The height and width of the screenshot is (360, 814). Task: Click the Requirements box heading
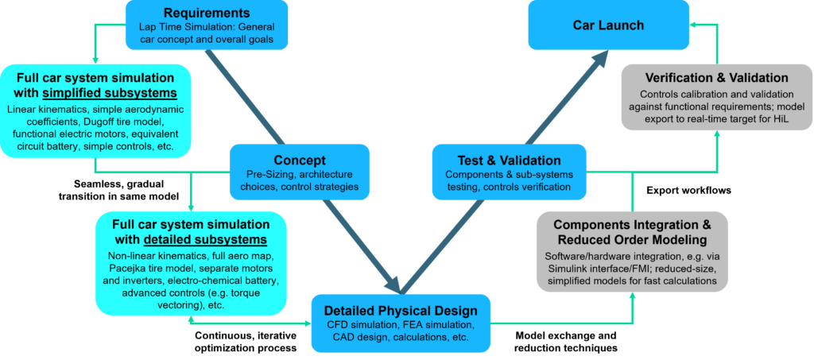click(x=207, y=14)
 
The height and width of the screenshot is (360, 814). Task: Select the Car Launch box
click(x=609, y=25)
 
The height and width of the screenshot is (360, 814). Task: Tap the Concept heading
click(x=300, y=160)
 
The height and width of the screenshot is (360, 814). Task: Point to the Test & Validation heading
click(x=509, y=160)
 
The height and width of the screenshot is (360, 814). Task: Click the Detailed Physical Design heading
click(x=401, y=310)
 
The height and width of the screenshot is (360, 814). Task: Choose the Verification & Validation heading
click(x=717, y=78)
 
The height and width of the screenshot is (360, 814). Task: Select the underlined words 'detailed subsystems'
click(x=205, y=239)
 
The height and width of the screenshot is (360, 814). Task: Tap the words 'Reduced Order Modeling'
click(x=633, y=240)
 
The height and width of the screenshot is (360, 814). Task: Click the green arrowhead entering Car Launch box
click(x=693, y=25)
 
